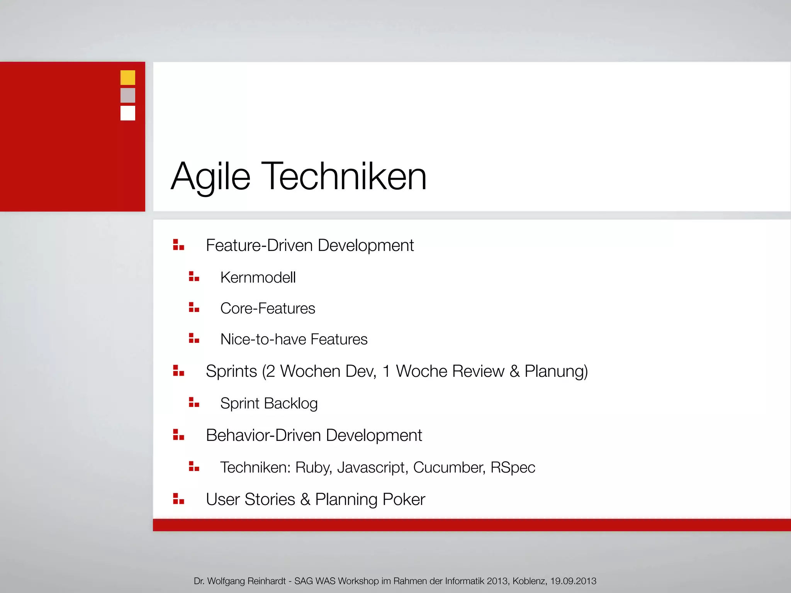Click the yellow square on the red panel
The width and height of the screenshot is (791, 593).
pyautogui.click(x=127, y=78)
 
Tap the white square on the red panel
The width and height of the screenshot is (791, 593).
pyautogui.click(x=127, y=113)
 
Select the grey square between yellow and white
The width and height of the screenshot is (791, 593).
pyautogui.click(x=127, y=95)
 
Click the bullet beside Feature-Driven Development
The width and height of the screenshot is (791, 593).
pyautogui.click(x=178, y=245)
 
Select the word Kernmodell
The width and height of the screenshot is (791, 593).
pyautogui.click(x=258, y=278)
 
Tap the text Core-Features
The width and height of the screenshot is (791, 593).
pyautogui.click(x=268, y=308)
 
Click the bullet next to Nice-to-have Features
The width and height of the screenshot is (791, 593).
pyautogui.click(x=194, y=339)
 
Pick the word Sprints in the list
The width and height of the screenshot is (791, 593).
pyautogui.click(x=231, y=371)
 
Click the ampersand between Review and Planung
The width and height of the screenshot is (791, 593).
pyautogui.click(x=514, y=371)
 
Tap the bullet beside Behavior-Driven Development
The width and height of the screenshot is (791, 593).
pyautogui.click(x=178, y=435)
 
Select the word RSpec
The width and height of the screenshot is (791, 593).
pyautogui.click(x=513, y=468)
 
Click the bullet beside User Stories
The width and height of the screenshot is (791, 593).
pyautogui.click(x=178, y=499)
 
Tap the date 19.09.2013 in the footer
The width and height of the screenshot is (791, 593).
pyautogui.click(x=573, y=581)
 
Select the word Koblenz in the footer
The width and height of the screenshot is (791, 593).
pyautogui.click(x=530, y=581)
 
